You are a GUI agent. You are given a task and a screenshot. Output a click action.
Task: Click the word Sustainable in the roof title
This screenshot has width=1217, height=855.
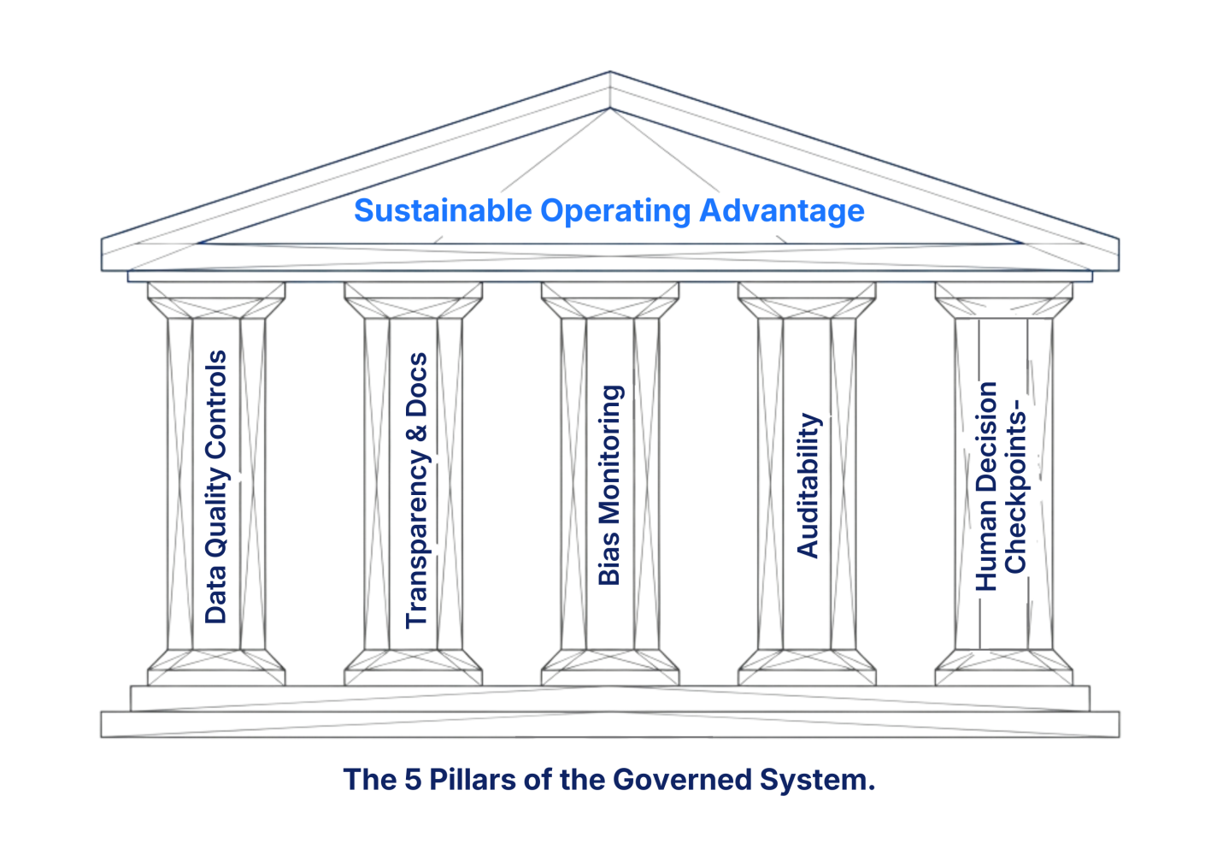[x=442, y=210]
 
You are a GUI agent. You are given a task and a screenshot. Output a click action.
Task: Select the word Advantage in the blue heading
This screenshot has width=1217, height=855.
[x=781, y=210]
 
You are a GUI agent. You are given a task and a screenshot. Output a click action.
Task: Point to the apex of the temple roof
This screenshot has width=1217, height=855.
[x=609, y=74]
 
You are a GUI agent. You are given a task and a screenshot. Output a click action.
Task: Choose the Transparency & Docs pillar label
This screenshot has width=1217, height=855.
[x=416, y=490]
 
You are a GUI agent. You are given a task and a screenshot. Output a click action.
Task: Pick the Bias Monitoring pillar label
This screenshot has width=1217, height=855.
[x=610, y=485]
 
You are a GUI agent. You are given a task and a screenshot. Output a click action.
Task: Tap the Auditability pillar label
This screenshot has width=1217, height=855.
[x=808, y=485]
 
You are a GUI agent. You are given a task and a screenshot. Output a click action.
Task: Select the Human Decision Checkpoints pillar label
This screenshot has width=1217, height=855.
[x=1001, y=485]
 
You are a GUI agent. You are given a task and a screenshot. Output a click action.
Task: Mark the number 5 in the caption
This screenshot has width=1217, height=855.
[x=412, y=780]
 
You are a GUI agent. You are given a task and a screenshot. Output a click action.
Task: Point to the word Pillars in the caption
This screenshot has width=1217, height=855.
[x=473, y=780]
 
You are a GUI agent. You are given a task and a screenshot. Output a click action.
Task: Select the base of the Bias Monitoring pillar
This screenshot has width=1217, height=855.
[x=610, y=667]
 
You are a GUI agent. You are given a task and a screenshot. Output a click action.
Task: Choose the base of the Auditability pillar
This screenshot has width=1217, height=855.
[x=807, y=667]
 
